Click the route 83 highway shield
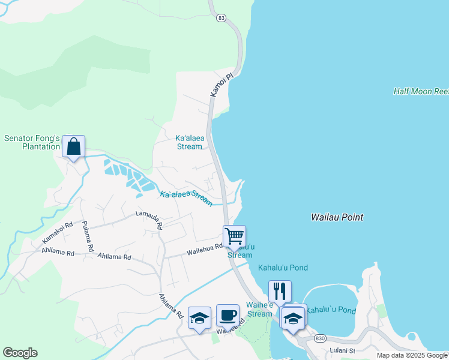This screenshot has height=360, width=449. pos(221,19)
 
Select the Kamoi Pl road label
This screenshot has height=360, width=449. pos(221,85)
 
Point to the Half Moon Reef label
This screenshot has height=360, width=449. pos(421,91)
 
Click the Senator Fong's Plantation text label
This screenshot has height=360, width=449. pos(32,142)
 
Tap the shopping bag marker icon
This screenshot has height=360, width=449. pos(73,146)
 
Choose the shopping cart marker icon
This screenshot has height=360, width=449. pos(234,236)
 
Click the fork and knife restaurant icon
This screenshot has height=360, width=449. pos(280,291)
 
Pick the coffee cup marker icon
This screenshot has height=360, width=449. pos(228,314)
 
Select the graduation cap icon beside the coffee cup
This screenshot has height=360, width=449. pos(199,317)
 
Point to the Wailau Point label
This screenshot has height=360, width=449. pos(337,217)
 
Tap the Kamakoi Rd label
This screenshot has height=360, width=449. pos(57,232)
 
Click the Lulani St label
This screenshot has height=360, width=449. pos(343,350)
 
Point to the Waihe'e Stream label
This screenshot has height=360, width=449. pos(259,310)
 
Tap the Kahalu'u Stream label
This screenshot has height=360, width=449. pos(240,251)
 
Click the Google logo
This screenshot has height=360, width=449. pos(20,353)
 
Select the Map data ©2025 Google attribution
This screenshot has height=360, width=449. pos(412,355)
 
